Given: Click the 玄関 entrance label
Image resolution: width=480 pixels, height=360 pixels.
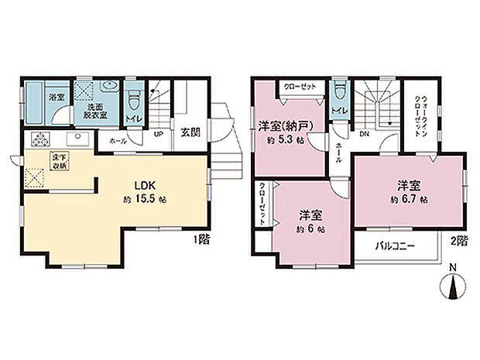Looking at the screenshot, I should point(190,132).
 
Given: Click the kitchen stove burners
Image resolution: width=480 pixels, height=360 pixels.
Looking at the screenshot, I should point(39,140).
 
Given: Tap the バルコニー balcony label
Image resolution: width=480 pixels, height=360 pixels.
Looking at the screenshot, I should point(394,246).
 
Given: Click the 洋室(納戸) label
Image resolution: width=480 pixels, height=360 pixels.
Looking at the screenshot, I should point(282,125).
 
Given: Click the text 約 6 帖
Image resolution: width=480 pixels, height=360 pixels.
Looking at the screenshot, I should point(310,229).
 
